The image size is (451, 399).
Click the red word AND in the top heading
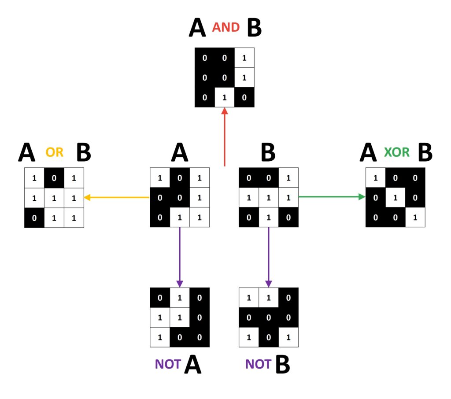click(225, 27)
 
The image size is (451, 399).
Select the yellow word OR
click(55, 152)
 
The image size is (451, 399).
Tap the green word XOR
click(396, 152)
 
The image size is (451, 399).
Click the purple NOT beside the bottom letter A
click(168, 364)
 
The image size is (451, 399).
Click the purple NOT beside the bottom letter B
click(258, 364)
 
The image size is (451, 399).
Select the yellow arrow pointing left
click(117, 198)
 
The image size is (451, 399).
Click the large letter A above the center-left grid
click(179, 153)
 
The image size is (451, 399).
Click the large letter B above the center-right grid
click(268, 153)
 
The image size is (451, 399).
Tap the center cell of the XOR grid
click(395, 197)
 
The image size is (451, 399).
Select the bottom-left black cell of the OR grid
click(34, 217)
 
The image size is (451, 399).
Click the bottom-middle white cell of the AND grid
click(225, 97)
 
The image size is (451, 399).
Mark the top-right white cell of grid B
click(288, 177)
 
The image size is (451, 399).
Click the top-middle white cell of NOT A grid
click(180, 298)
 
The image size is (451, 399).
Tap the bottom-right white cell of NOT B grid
click(288, 337)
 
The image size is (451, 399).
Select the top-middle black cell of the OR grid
click(54, 177)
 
